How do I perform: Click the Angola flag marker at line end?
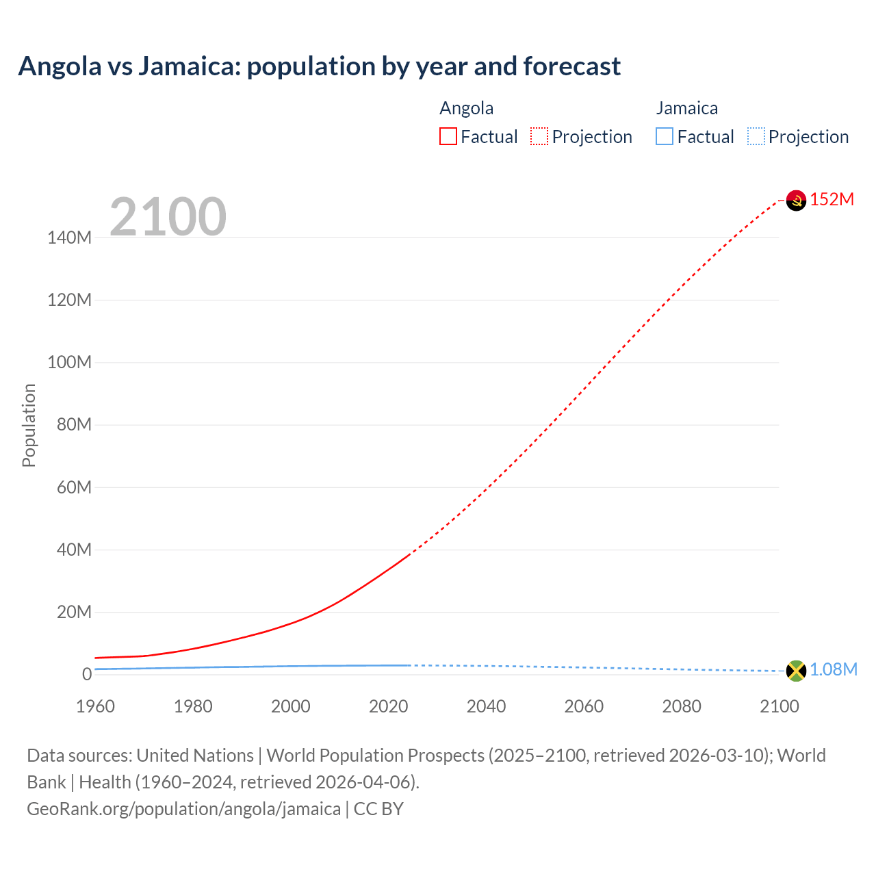pyautogui.click(x=796, y=201)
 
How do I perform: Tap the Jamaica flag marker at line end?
pyautogui.click(x=796, y=671)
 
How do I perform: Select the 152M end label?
pyautogui.click(x=832, y=199)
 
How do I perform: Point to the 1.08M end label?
pyautogui.click(x=834, y=669)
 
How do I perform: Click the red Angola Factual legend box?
pyautogui.click(x=448, y=136)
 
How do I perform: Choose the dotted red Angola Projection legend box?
pyautogui.click(x=539, y=136)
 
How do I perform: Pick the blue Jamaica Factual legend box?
pyautogui.click(x=665, y=136)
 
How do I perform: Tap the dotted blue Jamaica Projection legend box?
pyautogui.click(x=756, y=136)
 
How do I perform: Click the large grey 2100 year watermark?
pyautogui.click(x=168, y=217)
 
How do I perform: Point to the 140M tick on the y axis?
pyautogui.click(x=69, y=237)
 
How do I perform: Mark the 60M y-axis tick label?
pyautogui.click(x=74, y=487)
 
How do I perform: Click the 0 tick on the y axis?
pyautogui.click(x=87, y=674)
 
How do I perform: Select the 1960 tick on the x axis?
pyautogui.click(x=95, y=706)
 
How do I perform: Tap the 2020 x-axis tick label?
pyautogui.click(x=389, y=706)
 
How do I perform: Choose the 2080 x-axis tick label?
pyautogui.click(x=682, y=706)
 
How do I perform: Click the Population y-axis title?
pyautogui.click(x=29, y=425)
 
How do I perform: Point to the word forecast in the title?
pyautogui.click(x=572, y=66)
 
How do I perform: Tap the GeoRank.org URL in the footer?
pyautogui.click(x=183, y=808)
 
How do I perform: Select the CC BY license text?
pyautogui.click(x=378, y=808)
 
